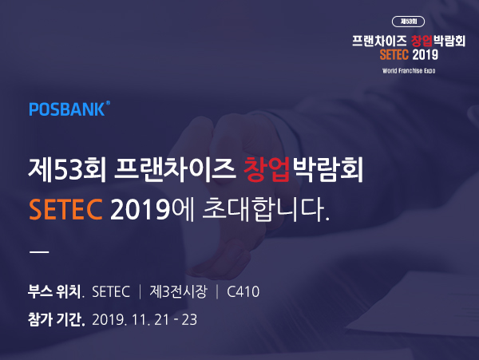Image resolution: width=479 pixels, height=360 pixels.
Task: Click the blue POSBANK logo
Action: tap(69, 109)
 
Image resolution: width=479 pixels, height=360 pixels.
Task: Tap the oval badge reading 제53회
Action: tap(408, 22)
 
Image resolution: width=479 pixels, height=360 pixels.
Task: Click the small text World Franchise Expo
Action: tap(409, 71)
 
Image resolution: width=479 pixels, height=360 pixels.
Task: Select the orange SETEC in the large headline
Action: tap(65, 209)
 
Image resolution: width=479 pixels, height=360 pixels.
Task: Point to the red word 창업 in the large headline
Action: tap(267, 169)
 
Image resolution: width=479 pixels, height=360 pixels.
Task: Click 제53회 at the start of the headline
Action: tap(67, 169)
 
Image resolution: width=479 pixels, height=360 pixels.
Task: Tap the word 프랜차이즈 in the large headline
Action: tap(174, 169)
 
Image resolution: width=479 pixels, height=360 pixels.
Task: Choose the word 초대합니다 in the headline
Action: tap(266, 209)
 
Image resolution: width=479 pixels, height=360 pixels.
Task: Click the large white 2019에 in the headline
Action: tap(152, 209)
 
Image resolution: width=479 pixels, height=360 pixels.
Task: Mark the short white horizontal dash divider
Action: tap(39, 252)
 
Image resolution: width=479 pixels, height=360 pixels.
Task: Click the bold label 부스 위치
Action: tap(56, 291)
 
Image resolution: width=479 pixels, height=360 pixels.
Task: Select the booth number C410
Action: tap(243, 291)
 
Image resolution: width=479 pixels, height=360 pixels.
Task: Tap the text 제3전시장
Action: tap(178, 291)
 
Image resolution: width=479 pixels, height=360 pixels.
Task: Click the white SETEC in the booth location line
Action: tap(111, 291)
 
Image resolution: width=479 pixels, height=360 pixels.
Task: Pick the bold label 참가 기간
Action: tap(56, 319)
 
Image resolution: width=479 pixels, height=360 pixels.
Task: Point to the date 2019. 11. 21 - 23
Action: tap(144, 320)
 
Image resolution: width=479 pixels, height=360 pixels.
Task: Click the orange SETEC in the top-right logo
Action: tap(394, 54)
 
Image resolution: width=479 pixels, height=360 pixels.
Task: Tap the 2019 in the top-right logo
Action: tap(426, 54)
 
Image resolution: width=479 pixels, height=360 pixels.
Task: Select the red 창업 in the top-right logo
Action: tap(422, 41)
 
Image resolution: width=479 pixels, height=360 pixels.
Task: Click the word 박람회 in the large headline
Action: tap(327, 169)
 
